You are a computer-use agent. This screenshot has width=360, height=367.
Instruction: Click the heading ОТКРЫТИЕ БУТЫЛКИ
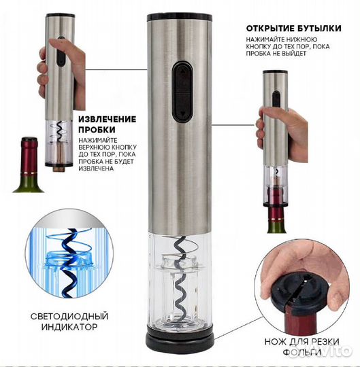click(293, 29)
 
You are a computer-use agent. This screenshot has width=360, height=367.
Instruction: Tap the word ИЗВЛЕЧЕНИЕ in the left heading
click(107, 119)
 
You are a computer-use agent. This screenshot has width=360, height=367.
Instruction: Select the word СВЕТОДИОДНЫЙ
click(69, 316)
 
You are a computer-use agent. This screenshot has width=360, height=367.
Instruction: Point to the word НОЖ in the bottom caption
click(276, 342)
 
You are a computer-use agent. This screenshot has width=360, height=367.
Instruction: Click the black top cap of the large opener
click(180, 17)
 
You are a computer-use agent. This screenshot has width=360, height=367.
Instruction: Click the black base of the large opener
click(180, 341)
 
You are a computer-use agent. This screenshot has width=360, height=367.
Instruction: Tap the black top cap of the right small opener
click(275, 72)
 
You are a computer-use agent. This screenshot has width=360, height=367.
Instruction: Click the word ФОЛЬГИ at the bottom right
click(302, 352)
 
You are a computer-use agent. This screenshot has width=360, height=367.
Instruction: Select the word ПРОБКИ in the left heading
click(97, 129)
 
